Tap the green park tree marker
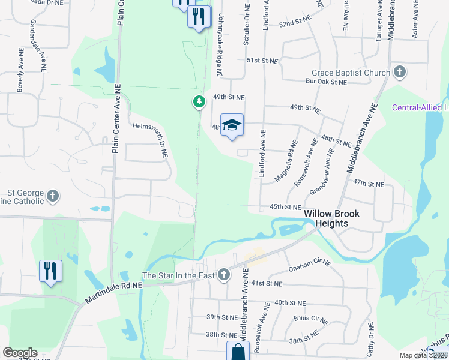pyautogui.click(x=199, y=102)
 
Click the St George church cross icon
pyautogui.click(x=53, y=196)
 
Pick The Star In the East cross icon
pyautogui.click(x=224, y=275)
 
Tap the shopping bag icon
pyautogui.click(x=237, y=351)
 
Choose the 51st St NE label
pyautogui.click(x=263, y=61)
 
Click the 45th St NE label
pyautogui.click(x=285, y=207)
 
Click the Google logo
pyautogui.click(x=20, y=353)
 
